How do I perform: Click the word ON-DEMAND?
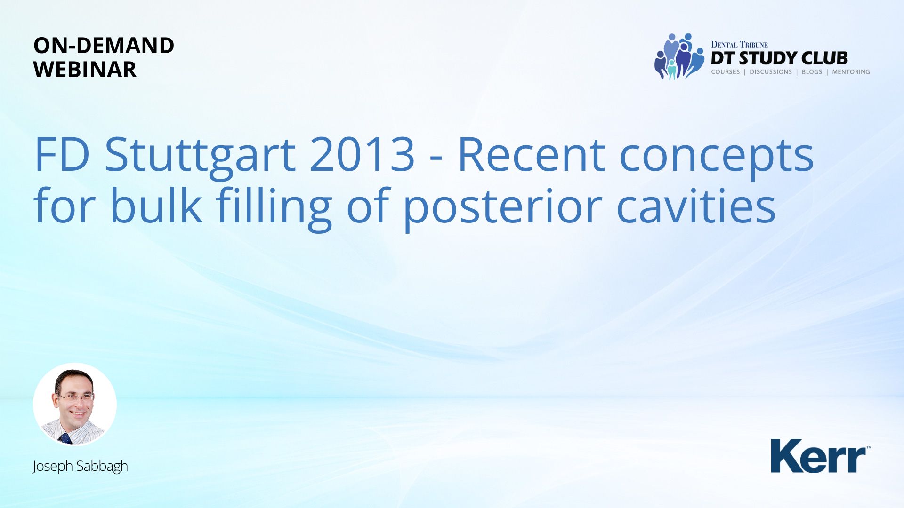click(104, 46)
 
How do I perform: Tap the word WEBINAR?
click(85, 70)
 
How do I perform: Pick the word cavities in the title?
click(696, 206)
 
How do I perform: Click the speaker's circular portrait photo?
click(75, 405)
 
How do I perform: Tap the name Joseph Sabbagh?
click(80, 466)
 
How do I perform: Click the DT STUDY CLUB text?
click(779, 58)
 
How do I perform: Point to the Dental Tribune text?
click(739, 45)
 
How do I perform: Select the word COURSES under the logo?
click(726, 72)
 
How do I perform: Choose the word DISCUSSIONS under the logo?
click(771, 72)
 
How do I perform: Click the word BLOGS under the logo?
click(812, 72)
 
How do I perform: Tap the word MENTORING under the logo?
click(851, 72)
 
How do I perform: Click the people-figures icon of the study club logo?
click(679, 56)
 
